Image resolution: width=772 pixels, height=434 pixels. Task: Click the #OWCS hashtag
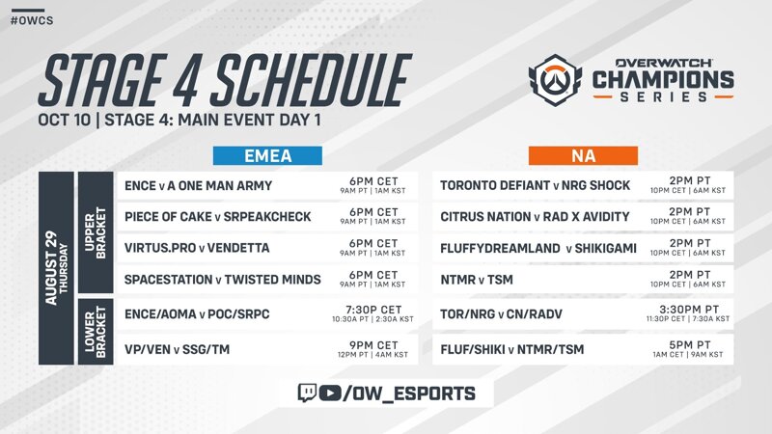[x=32, y=20]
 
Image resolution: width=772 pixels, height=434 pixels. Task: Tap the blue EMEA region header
[x=267, y=155]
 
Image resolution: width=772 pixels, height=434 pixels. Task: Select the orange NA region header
[x=583, y=155]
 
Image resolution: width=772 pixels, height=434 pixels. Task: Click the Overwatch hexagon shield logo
[x=556, y=80]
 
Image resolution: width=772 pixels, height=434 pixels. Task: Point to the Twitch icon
[x=307, y=393]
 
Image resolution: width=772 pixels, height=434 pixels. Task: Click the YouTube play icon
[x=330, y=393]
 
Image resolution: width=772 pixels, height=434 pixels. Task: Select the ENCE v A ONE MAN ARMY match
[x=198, y=185]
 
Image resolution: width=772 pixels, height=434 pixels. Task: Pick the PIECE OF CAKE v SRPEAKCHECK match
[x=218, y=216]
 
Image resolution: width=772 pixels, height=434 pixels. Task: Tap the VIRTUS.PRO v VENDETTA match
[x=197, y=248]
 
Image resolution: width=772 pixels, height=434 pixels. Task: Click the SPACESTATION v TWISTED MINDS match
[x=223, y=280]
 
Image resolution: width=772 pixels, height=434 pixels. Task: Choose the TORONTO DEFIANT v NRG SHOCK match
[x=536, y=185]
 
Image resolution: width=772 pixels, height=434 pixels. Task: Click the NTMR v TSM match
[x=477, y=280]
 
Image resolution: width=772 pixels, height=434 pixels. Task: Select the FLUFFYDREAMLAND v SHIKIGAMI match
[x=538, y=248]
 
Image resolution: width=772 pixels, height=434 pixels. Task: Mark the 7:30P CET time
[x=373, y=310]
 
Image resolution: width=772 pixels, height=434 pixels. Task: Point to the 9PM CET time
[x=373, y=345]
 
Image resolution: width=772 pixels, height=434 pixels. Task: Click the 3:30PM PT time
[x=689, y=310]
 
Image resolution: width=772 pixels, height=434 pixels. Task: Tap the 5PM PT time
[x=689, y=345]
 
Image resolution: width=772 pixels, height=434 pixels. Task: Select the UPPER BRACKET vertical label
[x=96, y=232]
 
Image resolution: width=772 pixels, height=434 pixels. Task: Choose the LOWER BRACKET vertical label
[x=96, y=332]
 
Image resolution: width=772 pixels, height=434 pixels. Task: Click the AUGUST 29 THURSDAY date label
[x=56, y=268]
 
